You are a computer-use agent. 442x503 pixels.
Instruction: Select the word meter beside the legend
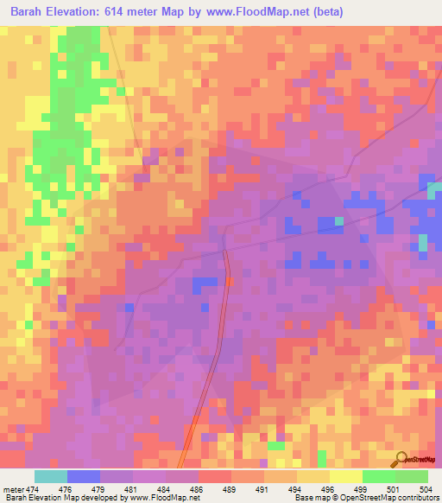tap(12, 490)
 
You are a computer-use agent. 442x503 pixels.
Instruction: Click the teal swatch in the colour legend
tap(50, 476)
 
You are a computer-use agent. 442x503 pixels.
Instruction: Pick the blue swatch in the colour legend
tap(83, 476)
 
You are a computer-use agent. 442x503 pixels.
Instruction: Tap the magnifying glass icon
tap(401, 459)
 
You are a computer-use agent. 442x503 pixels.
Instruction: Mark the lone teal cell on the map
tap(339, 221)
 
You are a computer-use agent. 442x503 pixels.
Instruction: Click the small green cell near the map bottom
tap(275, 446)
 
